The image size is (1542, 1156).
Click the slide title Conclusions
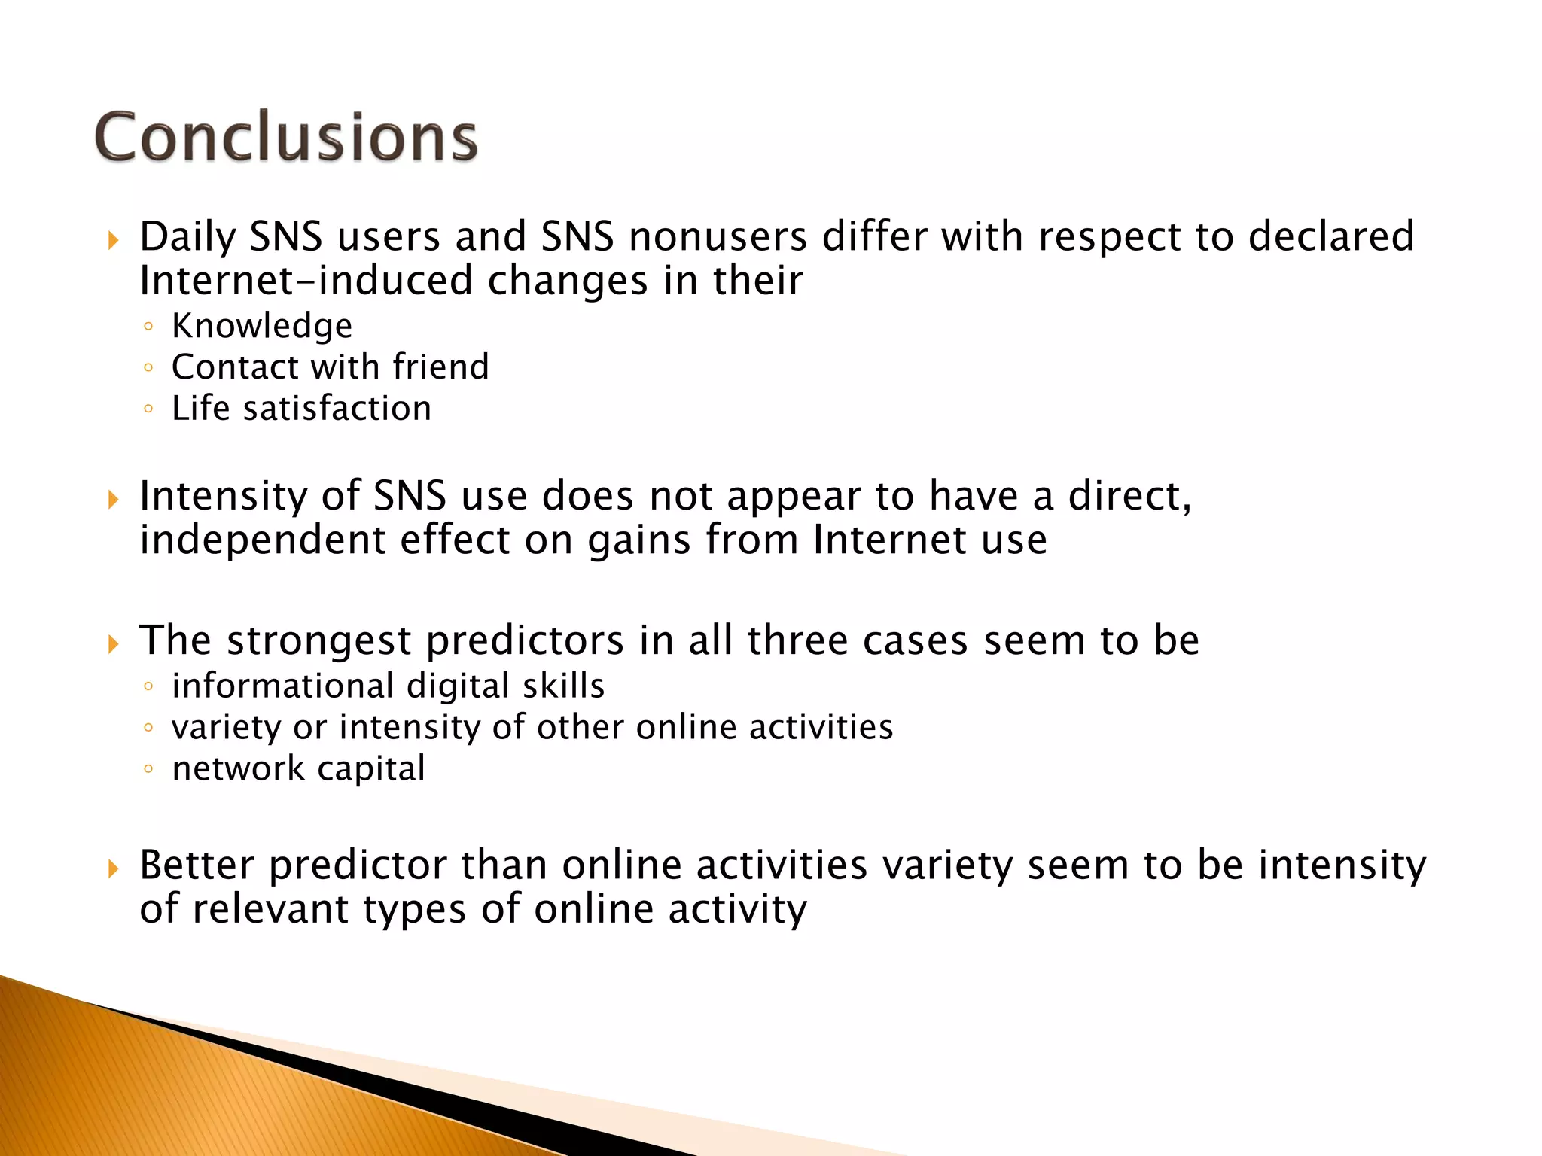pos(286,137)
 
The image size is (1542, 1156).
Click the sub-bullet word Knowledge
pos(262,326)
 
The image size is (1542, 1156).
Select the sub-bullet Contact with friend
pos(330,367)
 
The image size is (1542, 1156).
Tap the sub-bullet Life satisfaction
pos(301,409)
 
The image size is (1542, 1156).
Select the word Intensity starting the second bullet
pos(223,496)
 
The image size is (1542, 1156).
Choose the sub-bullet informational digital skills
pos(388,686)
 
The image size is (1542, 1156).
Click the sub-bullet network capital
pos(298,768)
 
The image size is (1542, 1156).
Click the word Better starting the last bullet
pos(197,865)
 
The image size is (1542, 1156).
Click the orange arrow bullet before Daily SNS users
pos(114,241)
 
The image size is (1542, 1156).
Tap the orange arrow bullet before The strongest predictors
pos(114,644)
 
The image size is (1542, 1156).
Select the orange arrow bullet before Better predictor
pos(114,869)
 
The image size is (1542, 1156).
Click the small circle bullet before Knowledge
pos(148,327)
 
